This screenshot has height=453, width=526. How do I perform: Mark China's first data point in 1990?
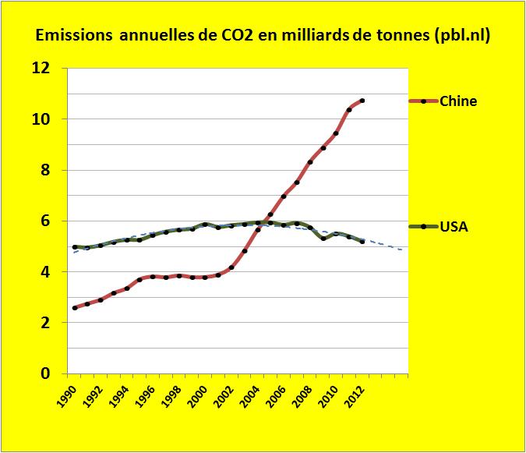pyautogui.click(x=75, y=308)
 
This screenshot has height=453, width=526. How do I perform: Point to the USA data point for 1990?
pyautogui.click(x=75, y=247)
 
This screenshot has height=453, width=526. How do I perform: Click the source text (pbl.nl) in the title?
pyautogui.click(x=461, y=37)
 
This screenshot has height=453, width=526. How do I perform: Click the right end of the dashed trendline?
pyautogui.click(x=403, y=250)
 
